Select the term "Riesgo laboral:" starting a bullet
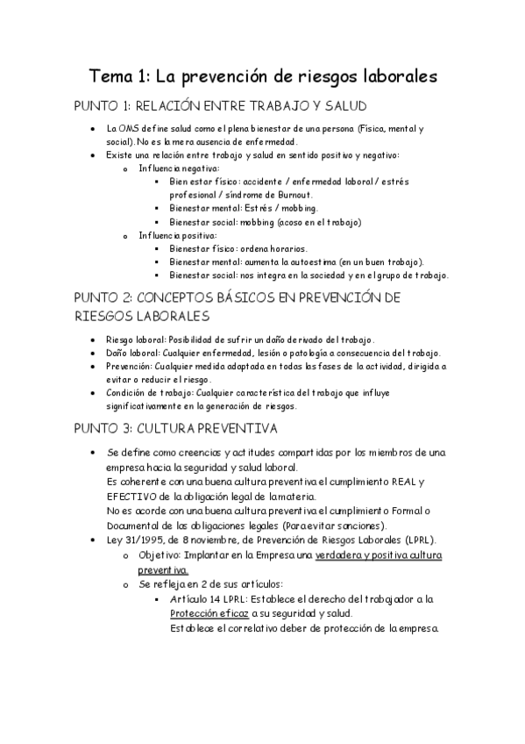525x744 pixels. point(134,340)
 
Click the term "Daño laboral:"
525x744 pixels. point(131,353)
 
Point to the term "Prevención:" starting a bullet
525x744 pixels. point(130,366)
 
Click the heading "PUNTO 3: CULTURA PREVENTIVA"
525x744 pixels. point(175,429)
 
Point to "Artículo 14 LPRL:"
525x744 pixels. point(211,599)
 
